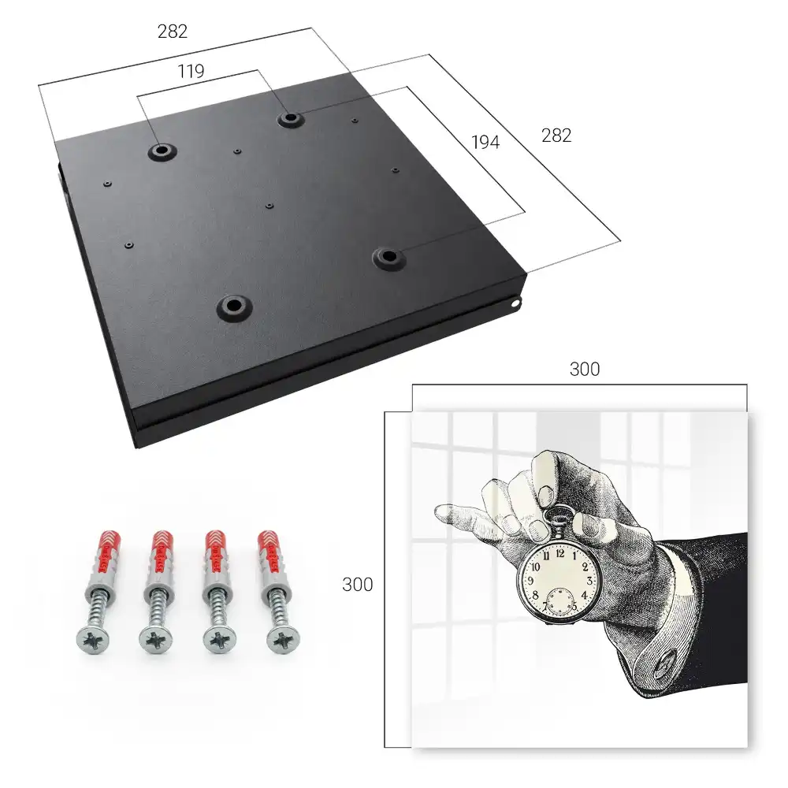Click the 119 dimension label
pos(191,72)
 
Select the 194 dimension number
pos(485,142)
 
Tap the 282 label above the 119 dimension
pos(173,32)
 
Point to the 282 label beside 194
pos(556,136)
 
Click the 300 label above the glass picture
pos(585,370)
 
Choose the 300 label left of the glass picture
pos(357,585)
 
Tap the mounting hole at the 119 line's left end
pos(162,151)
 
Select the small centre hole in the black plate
pos(269,206)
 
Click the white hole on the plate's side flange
pos(516,303)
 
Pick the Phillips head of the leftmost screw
pos(93,639)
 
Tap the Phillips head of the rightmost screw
pos(282,639)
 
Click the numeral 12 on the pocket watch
pos(560,553)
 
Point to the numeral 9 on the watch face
pos(530,581)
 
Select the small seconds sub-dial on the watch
pos(559,600)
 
